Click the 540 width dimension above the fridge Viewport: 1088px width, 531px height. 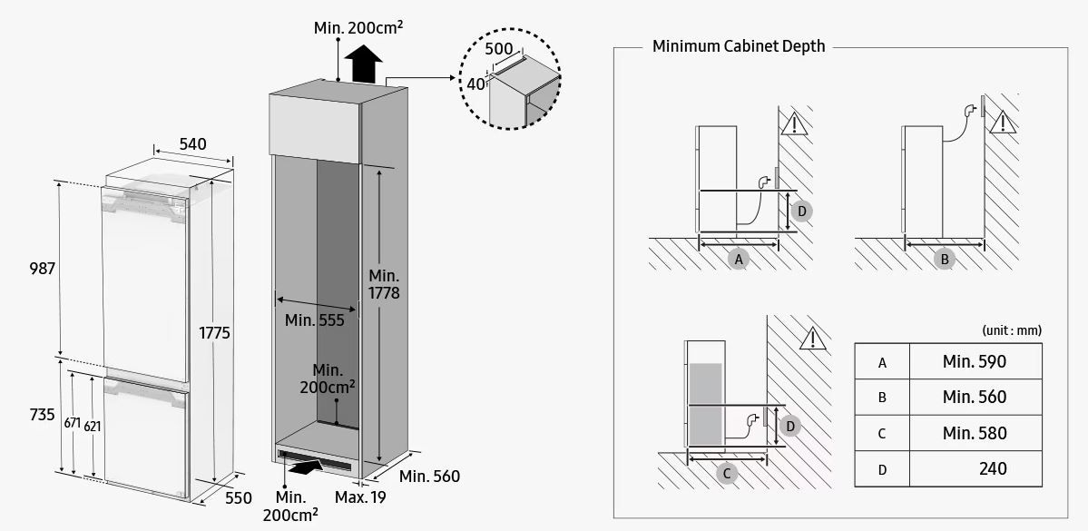pyautogui.click(x=192, y=143)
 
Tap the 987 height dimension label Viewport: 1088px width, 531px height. pyautogui.click(x=43, y=269)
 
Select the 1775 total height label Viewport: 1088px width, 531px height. pyautogui.click(x=214, y=333)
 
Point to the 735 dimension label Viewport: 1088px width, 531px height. pyautogui.click(x=43, y=415)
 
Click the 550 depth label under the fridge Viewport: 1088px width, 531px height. pyautogui.click(x=238, y=498)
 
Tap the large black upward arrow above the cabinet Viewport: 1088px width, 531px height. pyautogui.click(x=365, y=64)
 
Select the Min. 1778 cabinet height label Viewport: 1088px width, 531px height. pyautogui.click(x=384, y=284)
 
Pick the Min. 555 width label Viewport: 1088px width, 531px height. pyautogui.click(x=314, y=320)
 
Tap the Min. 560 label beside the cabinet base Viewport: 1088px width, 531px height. pyautogui.click(x=429, y=477)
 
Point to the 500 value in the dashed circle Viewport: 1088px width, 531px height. pyautogui.click(x=499, y=48)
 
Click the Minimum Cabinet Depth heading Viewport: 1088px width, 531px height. pyautogui.click(x=739, y=46)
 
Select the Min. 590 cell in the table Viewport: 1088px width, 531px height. pyautogui.click(x=975, y=362)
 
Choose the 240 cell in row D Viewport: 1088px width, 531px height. pyautogui.click(x=993, y=469)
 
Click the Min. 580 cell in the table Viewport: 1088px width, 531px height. pyautogui.click(x=975, y=434)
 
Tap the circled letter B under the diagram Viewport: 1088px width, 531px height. pyautogui.click(x=945, y=259)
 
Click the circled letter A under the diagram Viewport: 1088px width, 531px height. pyautogui.click(x=739, y=259)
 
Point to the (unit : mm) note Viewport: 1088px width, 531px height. pyautogui.click(x=1011, y=330)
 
